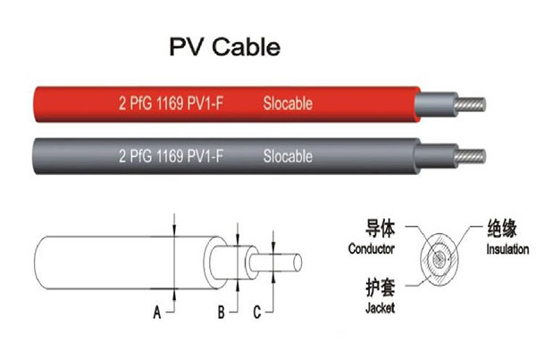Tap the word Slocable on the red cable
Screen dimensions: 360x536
point(288,104)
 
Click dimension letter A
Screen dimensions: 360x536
point(156,312)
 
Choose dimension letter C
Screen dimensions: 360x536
point(257,312)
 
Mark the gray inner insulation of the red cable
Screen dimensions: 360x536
point(434,104)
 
